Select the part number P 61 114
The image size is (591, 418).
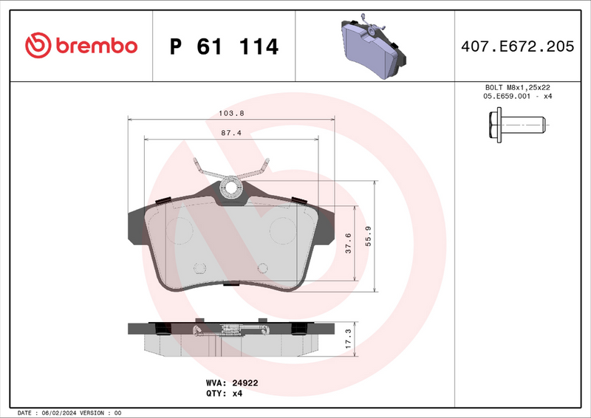click(224, 47)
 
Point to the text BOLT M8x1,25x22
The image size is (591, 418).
click(516, 87)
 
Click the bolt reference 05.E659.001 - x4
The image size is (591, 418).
click(516, 97)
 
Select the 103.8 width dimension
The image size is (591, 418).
click(231, 113)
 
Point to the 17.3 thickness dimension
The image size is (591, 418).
click(348, 339)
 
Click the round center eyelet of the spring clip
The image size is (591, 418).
click(231, 188)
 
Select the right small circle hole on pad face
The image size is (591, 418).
click(262, 270)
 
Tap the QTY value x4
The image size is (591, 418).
click(237, 394)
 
